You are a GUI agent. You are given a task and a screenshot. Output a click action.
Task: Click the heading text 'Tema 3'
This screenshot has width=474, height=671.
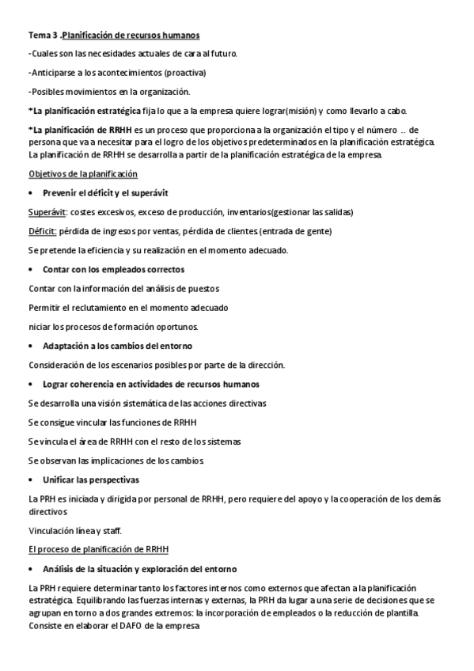coord(42,36)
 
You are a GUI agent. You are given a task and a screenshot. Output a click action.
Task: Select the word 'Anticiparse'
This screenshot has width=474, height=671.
coord(55,73)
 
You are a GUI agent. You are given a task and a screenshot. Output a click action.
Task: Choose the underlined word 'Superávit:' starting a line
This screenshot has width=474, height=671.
coord(47,212)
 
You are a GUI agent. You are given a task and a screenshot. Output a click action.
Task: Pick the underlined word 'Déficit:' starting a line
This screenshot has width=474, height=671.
coord(43,231)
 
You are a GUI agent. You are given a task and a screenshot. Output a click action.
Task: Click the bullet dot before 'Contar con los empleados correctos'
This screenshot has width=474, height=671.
coord(30,270)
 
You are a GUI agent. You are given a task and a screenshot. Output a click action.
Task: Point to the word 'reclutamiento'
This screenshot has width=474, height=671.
coord(111,307)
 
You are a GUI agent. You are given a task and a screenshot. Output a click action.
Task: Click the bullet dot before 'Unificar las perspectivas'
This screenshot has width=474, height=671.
coord(30,480)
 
